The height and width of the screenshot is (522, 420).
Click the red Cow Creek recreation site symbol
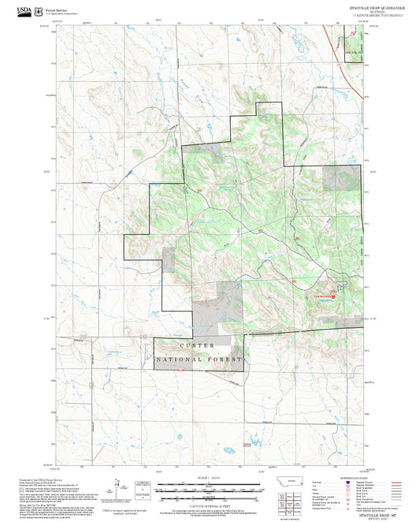332,296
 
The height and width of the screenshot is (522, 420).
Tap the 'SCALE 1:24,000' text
210,478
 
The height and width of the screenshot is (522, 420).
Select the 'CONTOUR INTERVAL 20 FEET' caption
210,504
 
